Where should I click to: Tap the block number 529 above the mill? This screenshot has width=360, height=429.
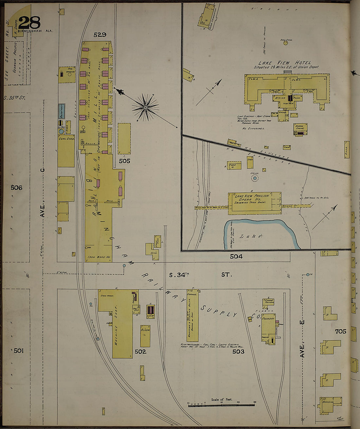point(100,35)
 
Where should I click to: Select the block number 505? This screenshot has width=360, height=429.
point(125,161)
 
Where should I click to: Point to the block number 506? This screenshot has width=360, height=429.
point(16,188)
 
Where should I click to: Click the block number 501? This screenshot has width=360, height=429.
point(19,351)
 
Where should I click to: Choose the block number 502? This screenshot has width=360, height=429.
point(140,352)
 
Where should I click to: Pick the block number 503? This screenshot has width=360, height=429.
point(238,352)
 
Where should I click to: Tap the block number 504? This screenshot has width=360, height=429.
point(236,257)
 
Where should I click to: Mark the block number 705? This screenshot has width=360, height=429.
point(341,332)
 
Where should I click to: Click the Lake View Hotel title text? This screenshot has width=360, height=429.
point(284,63)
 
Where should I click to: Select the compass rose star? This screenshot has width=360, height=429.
point(145,107)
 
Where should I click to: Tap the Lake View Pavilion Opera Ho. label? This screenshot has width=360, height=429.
point(252,197)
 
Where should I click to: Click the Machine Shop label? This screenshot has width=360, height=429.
point(116,325)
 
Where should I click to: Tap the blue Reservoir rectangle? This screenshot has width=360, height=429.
point(61,112)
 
